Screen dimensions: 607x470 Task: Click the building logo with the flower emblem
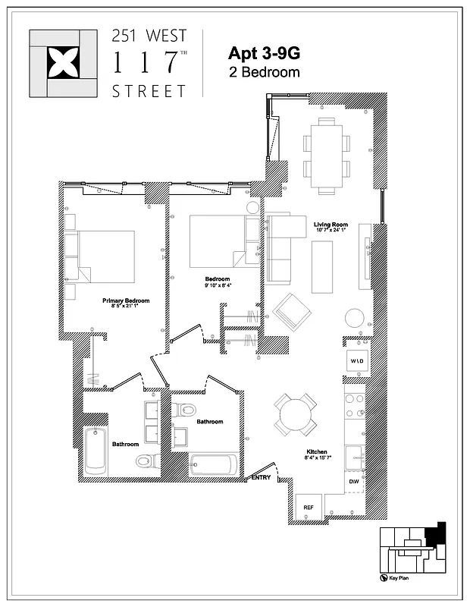[x=63, y=63]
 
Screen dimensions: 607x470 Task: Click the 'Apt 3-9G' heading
[x=264, y=54]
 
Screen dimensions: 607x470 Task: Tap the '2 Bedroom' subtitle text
[x=264, y=73]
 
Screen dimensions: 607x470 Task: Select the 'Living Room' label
[x=331, y=225]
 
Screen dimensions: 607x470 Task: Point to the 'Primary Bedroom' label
[x=126, y=301]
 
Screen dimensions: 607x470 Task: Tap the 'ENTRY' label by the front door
[x=261, y=476]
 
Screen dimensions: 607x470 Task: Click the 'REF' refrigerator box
[x=309, y=507]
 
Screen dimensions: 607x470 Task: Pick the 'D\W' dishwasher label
[x=354, y=482]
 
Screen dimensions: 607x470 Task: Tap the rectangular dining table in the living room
[x=327, y=154]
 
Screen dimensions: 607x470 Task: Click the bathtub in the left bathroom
[x=95, y=451]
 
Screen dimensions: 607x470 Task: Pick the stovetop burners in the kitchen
[x=354, y=407]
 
